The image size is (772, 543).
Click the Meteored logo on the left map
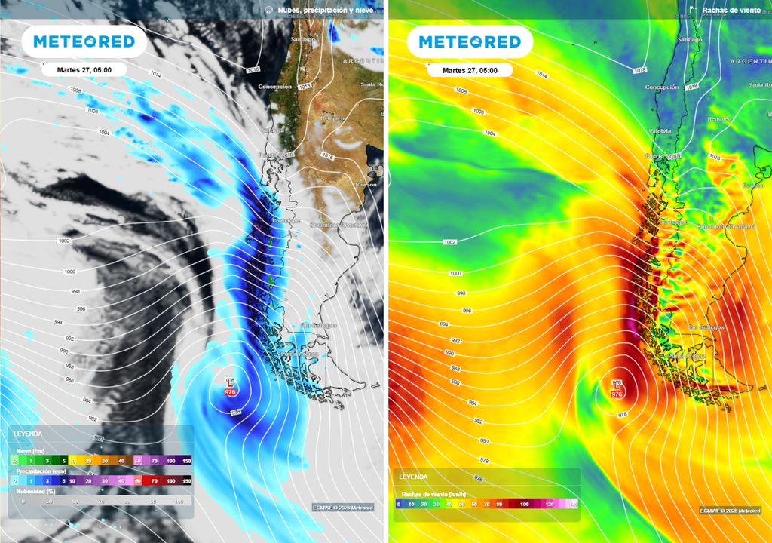(78, 42)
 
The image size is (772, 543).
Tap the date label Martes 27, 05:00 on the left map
(84, 70)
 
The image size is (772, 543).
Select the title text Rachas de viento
(731, 11)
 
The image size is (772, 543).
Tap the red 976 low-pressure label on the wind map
(617, 394)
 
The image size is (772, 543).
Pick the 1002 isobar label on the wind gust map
(450, 242)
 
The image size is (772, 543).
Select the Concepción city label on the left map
(275, 87)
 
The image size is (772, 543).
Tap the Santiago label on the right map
(691, 39)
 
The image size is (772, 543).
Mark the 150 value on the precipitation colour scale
(185, 480)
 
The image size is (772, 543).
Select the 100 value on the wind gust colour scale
(524, 503)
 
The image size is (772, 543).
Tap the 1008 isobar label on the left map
(75, 90)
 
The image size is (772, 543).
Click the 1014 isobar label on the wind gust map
(541, 75)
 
